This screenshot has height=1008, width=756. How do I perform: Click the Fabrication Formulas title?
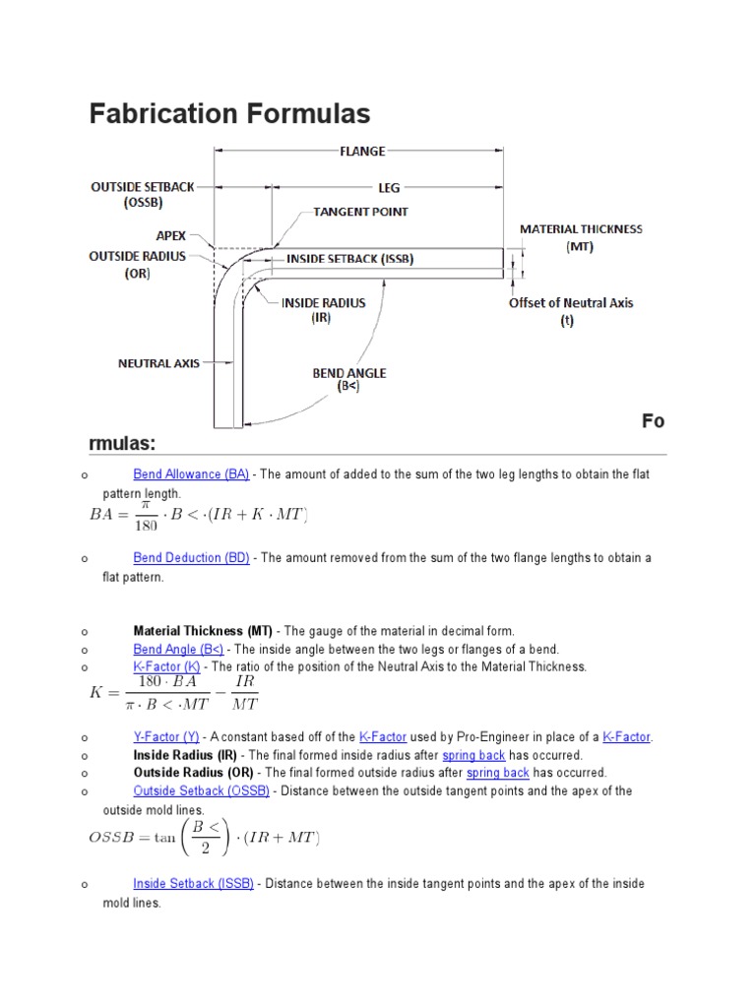(229, 114)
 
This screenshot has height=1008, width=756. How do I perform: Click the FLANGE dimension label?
(362, 151)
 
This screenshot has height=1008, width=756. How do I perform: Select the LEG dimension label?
(389, 187)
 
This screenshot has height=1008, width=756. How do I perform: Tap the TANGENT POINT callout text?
(360, 212)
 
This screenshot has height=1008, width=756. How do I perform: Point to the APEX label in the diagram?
(170, 236)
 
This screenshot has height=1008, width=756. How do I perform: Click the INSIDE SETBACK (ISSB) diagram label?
(349, 259)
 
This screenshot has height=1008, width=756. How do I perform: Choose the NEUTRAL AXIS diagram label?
(158, 363)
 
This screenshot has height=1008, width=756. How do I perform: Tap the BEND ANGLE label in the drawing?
(348, 373)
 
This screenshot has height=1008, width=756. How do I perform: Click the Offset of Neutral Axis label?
(571, 303)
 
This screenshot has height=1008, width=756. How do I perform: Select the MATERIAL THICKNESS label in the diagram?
(581, 229)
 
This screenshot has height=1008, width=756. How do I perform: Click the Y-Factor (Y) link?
(165, 737)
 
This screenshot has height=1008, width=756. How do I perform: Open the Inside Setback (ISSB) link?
(194, 884)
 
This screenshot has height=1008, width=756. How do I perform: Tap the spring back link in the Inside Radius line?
(473, 755)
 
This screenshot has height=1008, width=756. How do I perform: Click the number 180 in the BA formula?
(151, 524)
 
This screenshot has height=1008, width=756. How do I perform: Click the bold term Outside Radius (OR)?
(193, 773)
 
